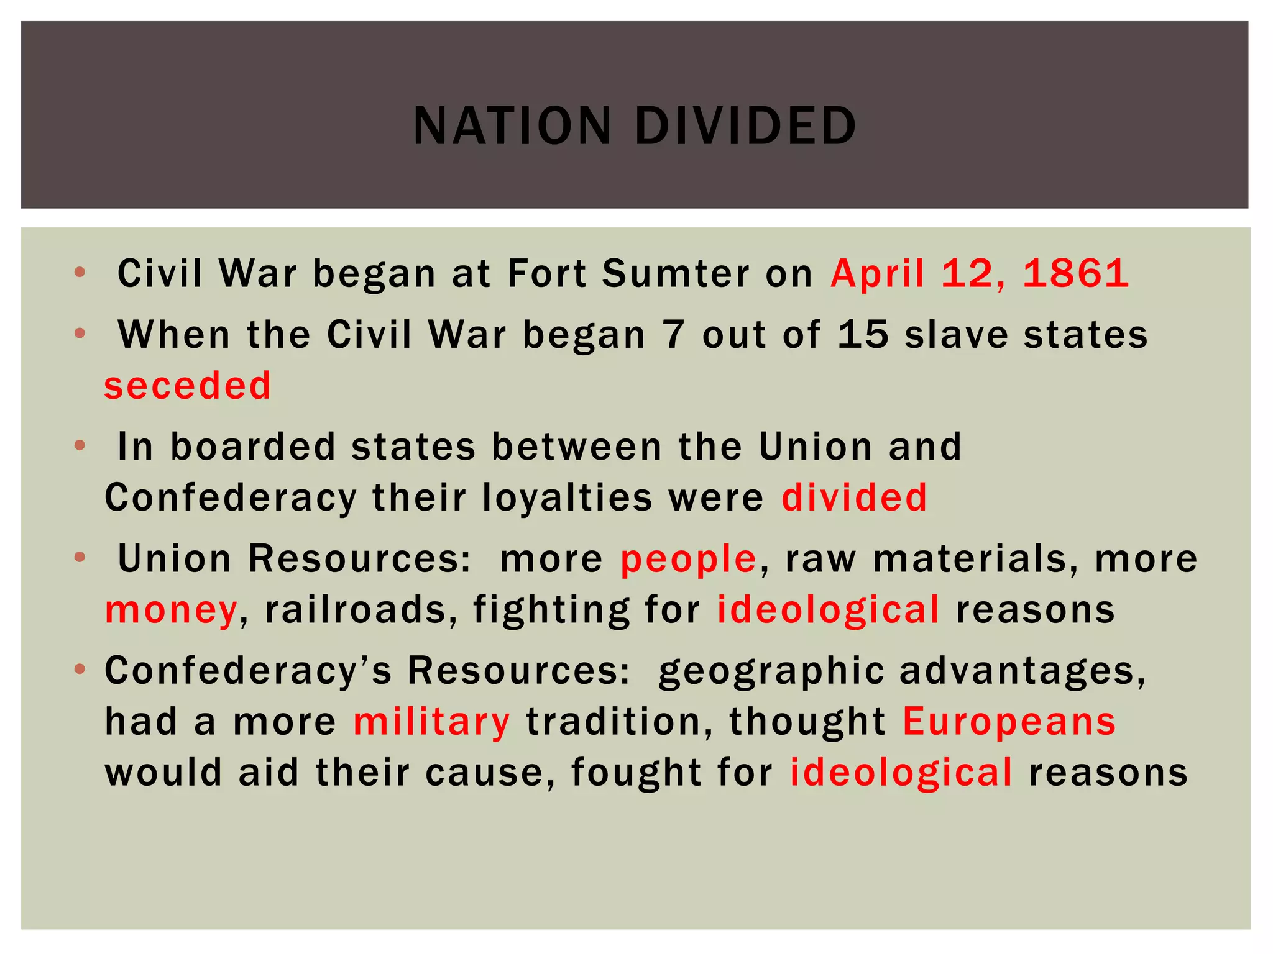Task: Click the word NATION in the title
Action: point(512,126)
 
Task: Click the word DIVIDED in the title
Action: point(745,126)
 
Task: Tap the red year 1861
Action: point(1075,273)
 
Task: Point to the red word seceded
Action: point(188,386)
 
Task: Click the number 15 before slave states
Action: point(863,335)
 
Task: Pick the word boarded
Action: point(253,447)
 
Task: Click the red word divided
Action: point(854,497)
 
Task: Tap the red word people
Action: point(688,560)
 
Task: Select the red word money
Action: point(171,611)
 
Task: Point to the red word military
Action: point(432,722)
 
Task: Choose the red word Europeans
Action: point(1009,722)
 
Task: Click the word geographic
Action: point(771,672)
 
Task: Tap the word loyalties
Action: point(567,497)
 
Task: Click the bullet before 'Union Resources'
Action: point(79,557)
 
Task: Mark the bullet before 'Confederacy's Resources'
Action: point(79,670)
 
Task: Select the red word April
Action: point(877,274)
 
